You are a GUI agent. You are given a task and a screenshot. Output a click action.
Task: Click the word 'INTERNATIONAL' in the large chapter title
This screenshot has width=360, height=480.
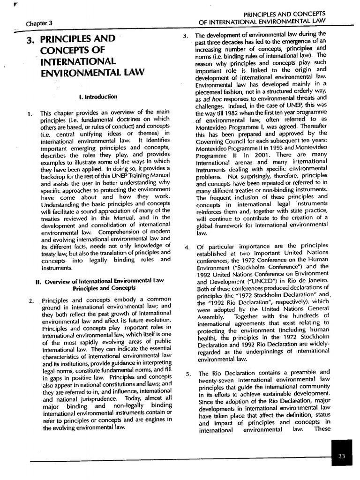(x=78, y=61)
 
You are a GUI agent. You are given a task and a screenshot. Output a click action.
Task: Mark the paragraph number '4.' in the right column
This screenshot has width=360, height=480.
(x=187, y=247)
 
